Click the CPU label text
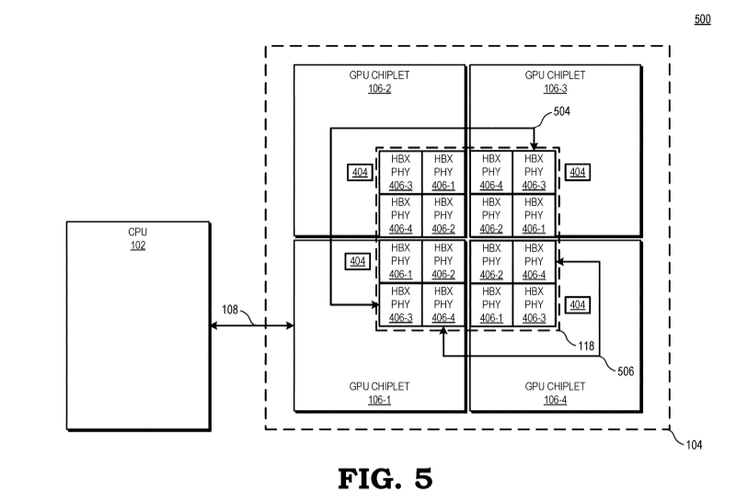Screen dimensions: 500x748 [x=137, y=233]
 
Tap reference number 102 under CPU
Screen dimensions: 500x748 [x=137, y=245]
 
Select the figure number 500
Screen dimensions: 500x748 [x=702, y=19]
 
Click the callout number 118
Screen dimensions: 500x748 [x=584, y=346]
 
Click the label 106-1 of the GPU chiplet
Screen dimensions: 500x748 [x=379, y=399]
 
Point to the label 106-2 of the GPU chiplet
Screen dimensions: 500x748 [x=379, y=88]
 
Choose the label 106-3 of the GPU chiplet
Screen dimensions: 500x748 [x=555, y=88]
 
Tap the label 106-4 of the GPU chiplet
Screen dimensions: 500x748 [x=555, y=399]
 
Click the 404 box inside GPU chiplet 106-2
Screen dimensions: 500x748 [x=357, y=172]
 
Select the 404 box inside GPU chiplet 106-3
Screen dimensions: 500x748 [x=577, y=172]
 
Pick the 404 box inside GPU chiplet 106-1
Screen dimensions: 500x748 [x=357, y=262]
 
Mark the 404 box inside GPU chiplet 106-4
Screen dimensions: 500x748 [x=577, y=304]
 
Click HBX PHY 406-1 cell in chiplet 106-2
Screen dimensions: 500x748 [x=443, y=172]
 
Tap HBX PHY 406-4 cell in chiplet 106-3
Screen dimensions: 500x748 [x=491, y=172]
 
